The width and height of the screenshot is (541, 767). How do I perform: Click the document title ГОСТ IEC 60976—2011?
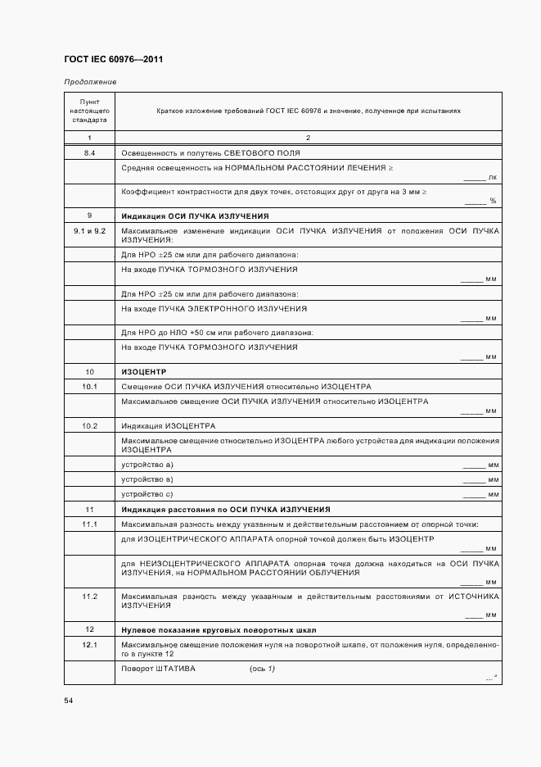[x=113, y=60]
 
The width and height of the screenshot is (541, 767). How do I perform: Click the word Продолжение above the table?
[x=90, y=82]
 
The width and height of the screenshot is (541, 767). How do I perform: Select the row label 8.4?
[x=90, y=153]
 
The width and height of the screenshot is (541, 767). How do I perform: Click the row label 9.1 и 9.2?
[x=90, y=232]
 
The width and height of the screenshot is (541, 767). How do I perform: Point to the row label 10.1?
[x=90, y=386]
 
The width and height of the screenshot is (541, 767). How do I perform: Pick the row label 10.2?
[x=90, y=426]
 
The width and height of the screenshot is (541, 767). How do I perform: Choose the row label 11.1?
[x=90, y=524]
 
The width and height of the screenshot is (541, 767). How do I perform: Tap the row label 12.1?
[x=90, y=645]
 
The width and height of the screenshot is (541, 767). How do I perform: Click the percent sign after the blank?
[x=493, y=201]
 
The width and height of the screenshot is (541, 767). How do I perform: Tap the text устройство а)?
[x=147, y=465]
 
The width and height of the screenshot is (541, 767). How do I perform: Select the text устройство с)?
[x=147, y=494]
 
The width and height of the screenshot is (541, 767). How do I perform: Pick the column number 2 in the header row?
[x=308, y=137]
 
